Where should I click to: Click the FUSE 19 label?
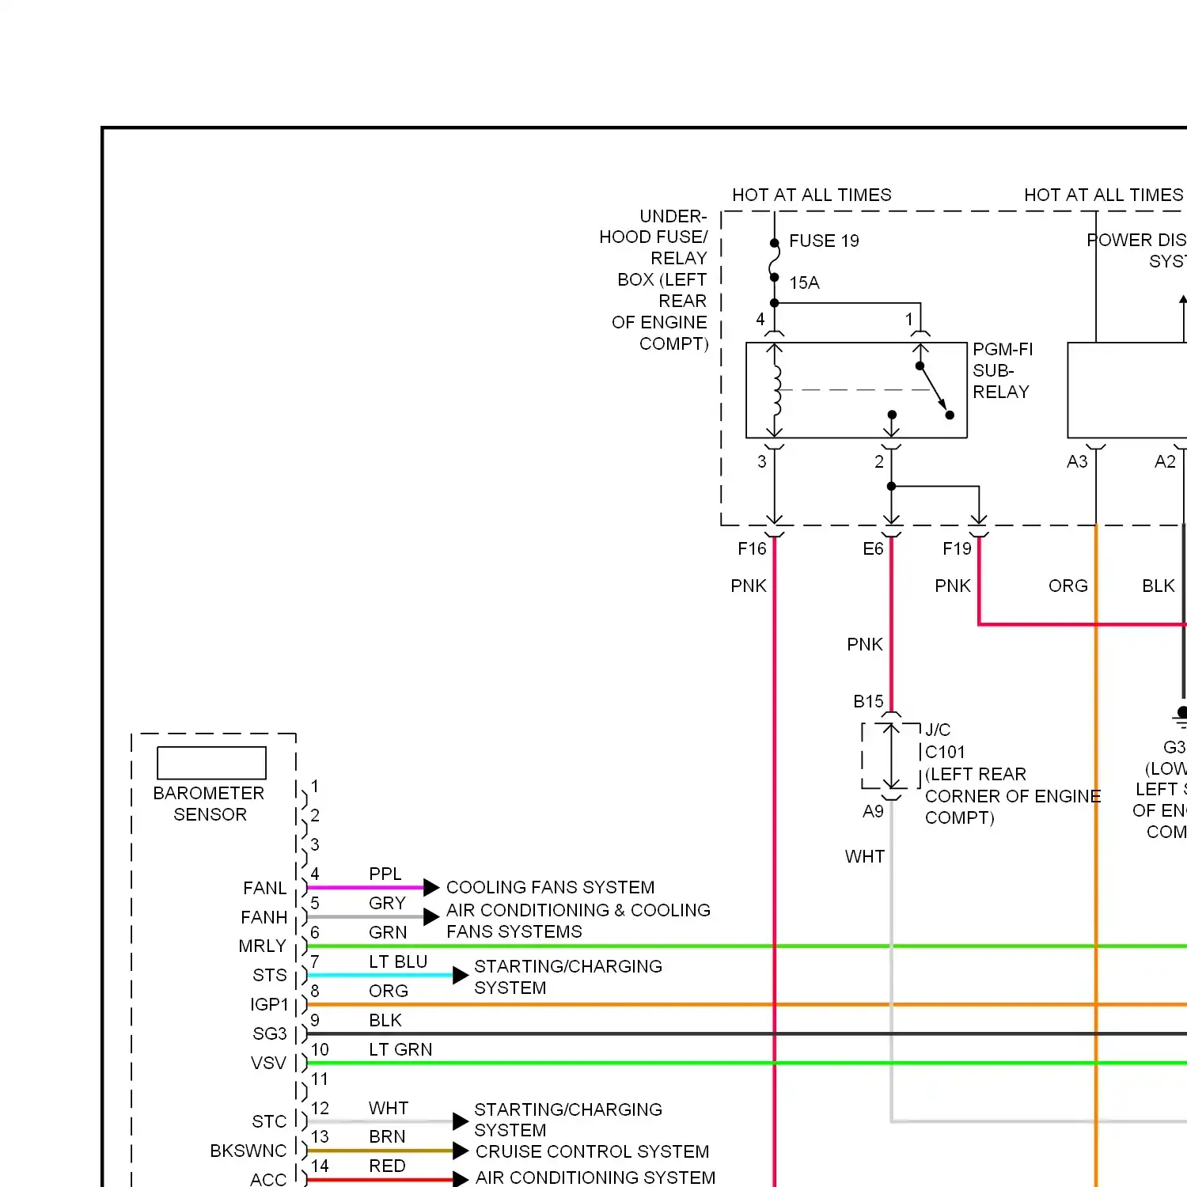pos(824,241)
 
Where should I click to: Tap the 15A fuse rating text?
pos(804,283)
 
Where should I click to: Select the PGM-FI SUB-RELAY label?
pos(1002,370)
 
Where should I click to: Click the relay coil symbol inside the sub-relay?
pos(776,390)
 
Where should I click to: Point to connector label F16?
pos(752,548)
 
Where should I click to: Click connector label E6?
pos(873,548)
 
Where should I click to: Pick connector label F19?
pos(957,548)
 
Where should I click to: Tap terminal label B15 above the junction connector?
pos(868,701)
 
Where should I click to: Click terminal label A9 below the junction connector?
pos(873,811)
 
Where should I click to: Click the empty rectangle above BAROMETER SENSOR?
pos(211,763)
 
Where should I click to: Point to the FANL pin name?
pos(265,888)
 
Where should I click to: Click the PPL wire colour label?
pos(385,874)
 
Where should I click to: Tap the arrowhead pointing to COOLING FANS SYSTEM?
pos(431,887)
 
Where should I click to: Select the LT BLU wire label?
pos(398,961)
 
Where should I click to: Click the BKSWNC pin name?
pos(248,1151)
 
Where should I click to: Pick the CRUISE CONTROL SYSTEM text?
pos(592,1151)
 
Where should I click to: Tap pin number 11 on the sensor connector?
pos(319,1079)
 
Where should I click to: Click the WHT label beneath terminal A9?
pos(864,856)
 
